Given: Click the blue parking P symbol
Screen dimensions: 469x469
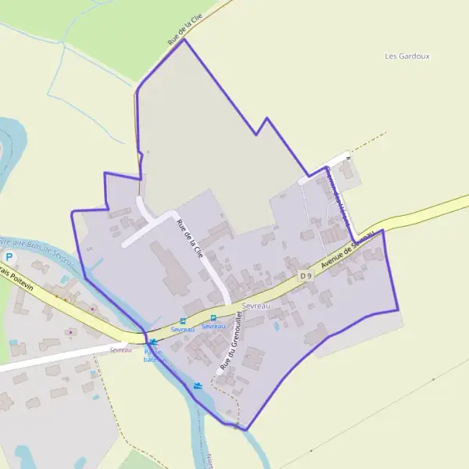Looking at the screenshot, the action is [10, 257].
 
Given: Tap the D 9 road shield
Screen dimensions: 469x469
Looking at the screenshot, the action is [306, 275].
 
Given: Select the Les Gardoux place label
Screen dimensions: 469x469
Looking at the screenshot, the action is [408, 56].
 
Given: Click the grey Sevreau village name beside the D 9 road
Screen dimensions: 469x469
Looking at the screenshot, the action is [256, 305].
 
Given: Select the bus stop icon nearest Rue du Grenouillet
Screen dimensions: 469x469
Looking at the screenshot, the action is [213, 317].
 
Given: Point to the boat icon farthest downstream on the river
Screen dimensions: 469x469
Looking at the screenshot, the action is [199, 385].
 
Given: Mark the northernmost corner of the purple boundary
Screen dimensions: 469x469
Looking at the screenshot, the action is [184, 39].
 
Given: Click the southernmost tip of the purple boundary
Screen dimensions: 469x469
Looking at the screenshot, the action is [245, 430].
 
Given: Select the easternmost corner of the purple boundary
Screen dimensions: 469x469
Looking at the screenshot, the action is [399, 310].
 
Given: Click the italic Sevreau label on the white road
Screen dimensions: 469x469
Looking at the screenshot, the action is [121, 349].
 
